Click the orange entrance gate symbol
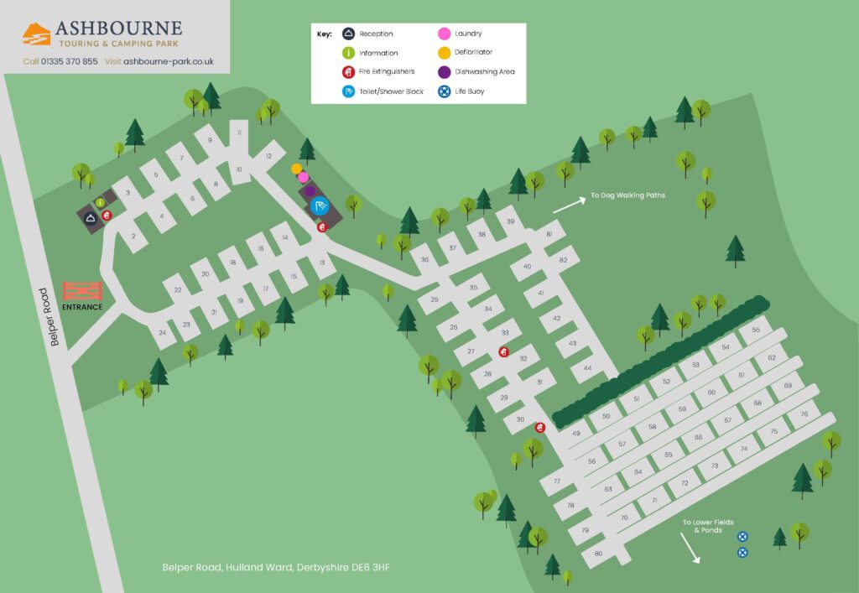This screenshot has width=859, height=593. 82,290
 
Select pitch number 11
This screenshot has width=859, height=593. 239,133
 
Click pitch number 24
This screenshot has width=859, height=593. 162,333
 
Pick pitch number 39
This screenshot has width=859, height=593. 509,222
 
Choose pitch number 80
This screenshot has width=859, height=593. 598,554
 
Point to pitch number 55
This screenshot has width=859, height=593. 755,330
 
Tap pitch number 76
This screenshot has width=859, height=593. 804,414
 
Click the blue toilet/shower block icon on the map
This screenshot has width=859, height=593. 319,205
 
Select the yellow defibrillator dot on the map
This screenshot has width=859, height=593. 296,169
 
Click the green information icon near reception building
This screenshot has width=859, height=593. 100,202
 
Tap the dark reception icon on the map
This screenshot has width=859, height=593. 91,218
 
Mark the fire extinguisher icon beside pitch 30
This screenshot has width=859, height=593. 539,428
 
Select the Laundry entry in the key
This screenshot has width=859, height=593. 467,34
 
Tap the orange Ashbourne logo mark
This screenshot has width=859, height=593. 36,34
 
